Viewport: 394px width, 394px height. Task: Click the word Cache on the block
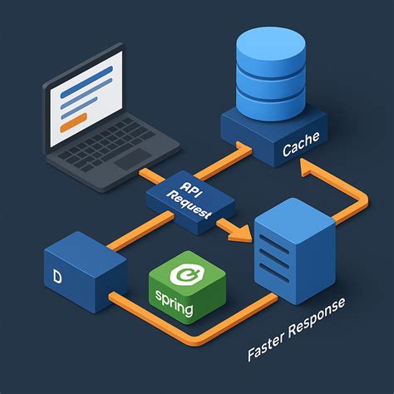coord(300,150)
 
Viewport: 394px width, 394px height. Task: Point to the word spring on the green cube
coord(173,308)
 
